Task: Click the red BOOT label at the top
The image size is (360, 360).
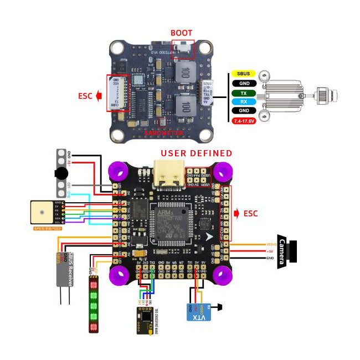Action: [181, 33]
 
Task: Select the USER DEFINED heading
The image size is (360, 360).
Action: [196, 153]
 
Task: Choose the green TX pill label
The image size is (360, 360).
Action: [243, 93]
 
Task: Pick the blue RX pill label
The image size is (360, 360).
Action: [243, 101]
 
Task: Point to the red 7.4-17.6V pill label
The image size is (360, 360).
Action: [243, 120]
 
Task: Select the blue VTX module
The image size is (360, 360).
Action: [197, 311]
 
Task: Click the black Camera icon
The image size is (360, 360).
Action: [288, 251]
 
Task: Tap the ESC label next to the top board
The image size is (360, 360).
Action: [86, 96]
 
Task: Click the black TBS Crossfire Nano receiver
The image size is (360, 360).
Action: [146, 320]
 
